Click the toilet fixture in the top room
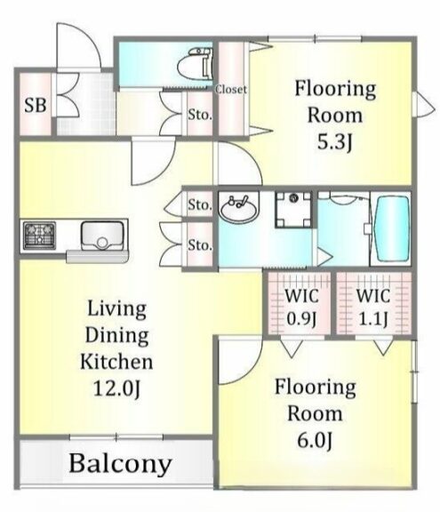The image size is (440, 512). coord(196,65)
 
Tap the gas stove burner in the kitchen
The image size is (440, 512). coord(39,236)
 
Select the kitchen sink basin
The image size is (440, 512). coord(102,236)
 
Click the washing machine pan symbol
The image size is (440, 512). coord(293,209)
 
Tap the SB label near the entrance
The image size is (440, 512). coord(36,106)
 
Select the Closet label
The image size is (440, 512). coord(231,89)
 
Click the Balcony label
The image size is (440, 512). coord(121,464)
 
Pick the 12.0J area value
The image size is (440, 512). coord(116,388)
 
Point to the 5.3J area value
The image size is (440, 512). coord(335,142)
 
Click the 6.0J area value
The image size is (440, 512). coord(315,441)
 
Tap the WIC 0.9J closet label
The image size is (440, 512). coord(301,308)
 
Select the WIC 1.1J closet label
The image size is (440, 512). coord(373,308)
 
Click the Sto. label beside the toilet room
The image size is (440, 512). coord(199,115)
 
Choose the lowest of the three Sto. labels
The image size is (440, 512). coord(200,245)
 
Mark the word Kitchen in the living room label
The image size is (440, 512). coord(116,362)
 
